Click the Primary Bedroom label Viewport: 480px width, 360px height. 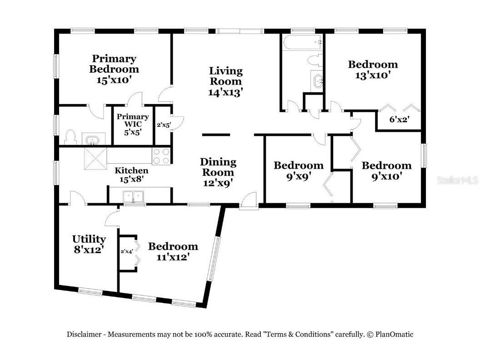(x=114, y=64)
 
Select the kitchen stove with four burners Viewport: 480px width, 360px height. (x=161, y=156)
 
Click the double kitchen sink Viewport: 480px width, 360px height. (x=133, y=196)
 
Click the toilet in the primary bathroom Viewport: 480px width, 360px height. (x=70, y=137)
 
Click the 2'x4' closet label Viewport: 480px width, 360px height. (x=126, y=251)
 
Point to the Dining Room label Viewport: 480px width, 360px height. (x=218, y=167)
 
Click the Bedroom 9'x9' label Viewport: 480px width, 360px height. (x=298, y=170)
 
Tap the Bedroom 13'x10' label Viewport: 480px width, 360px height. (x=373, y=70)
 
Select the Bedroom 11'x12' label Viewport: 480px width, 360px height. (x=173, y=251)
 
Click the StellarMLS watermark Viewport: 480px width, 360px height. (x=457, y=180)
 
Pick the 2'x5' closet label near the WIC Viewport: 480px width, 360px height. (x=163, y=124)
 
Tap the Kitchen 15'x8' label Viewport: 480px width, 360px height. (x=131, y=175)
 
